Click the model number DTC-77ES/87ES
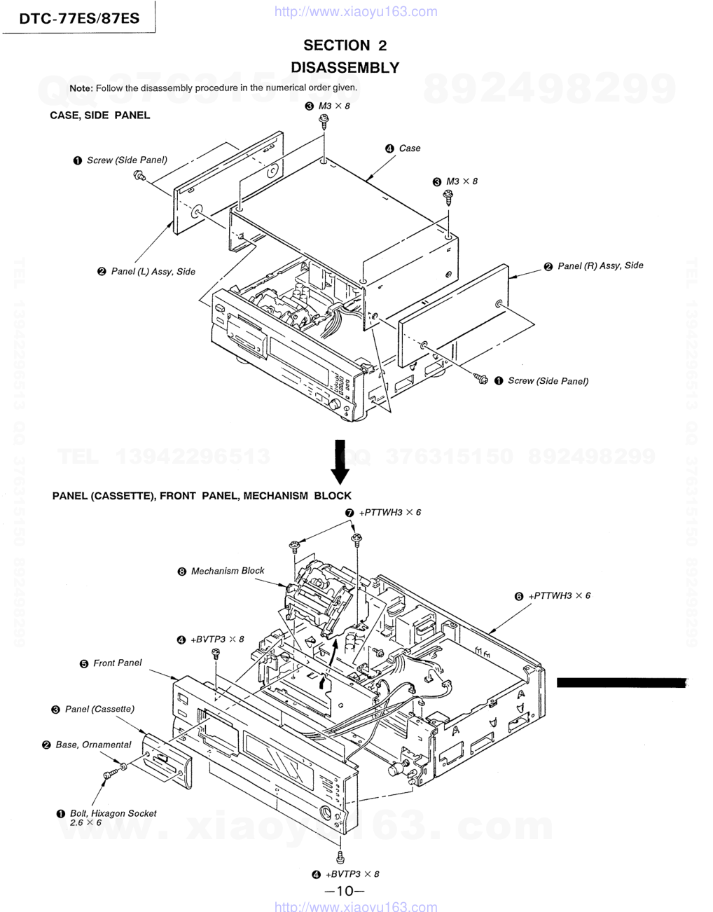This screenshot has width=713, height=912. pyautogui.click(x=79, y=18)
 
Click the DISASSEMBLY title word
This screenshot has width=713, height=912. pyautogui.click(x=345, y=67)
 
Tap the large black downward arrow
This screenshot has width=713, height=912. pyautogui.click(x=340, y=462)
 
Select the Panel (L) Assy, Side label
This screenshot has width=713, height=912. pyautogui.click(x=153, y=272)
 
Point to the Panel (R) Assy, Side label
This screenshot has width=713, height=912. pyautogui.click(x=600, y=265)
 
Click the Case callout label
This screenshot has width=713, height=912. pyautogui.click(x=410, y=148)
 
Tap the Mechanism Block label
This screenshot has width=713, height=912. pyautogui.click(x=228, y=571)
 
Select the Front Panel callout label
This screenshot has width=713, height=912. pyautogui.click(x=118, y=663)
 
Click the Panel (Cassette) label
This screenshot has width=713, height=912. pyautogui.click(x=99, y=709)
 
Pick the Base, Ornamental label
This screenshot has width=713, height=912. pyautogui.click(x=93, y=745)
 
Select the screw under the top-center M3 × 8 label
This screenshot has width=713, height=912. pyautogui.click(x=324, y=120)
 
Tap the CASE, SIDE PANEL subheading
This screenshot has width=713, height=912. pyautogui.click(x=100, y=116)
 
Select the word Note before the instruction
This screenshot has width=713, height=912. pyautogui.click(x=81, y=88)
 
